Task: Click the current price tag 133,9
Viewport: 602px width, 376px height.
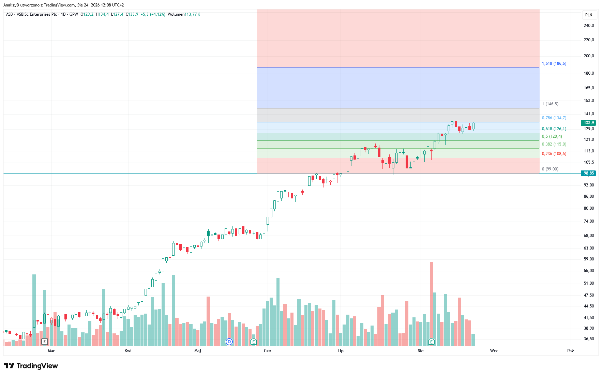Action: coord(589,123)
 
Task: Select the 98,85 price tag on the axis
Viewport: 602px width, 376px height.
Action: coord(589,173)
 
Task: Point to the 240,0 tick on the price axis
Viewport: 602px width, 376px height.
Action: coord(589,26)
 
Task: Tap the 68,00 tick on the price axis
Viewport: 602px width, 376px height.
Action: coord(589,236)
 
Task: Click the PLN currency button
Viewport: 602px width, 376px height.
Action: coord(589,15)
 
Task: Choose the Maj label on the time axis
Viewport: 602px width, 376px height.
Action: coord(198,351)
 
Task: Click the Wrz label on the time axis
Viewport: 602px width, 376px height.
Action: coord(494,351)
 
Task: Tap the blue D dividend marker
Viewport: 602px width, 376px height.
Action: coord(229,342)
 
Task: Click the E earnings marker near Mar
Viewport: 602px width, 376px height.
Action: coord(44,342)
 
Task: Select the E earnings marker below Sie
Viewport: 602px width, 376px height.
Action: coord(431,342)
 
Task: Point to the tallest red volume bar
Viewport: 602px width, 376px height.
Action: coord(431,304)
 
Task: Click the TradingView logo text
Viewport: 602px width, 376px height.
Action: coord(37,366)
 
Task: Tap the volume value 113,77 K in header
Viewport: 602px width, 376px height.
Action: coord(192,14)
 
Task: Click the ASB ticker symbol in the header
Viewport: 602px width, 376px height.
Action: coord(9,14)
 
